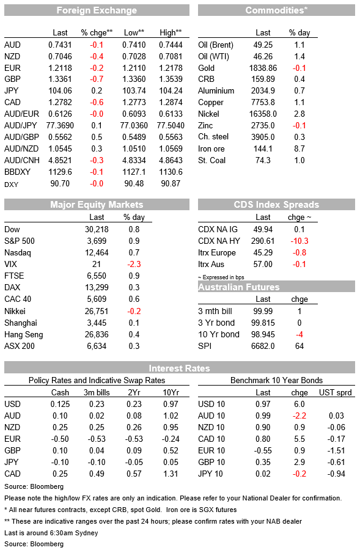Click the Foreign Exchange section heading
pyautogui.click(x=97, y=10)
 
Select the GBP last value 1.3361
pyautogui.click(x=60, y=79)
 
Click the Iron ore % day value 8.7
pyautogui.click(x=299, y=149)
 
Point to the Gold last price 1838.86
pyautogui.click(x=263, y=68)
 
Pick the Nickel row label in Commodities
pyautogui.click(x=208, y=114)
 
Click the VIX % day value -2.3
pyautogui.click(x=134, y=264)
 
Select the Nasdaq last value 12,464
pyautogui.click(x=97, y=252)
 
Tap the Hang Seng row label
pyautogui.click(x=24, y=335)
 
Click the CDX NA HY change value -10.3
pyautogui.click(x=299, y=241)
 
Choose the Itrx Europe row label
pyautogui.click(x=217, y=252)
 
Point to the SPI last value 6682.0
pyautogui.click(x=263, y=346)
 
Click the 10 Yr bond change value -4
pyautogui.click(x=299, y=334)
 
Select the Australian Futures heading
pyautogui.click(x=238, y=287)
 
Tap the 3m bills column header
pyautogui.click(x=97, y=392)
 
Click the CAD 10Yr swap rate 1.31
pyautogui.click(x=171, y=474)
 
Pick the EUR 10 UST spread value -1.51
pyautogui.click(x=336, y=450)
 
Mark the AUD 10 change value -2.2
pyautogui.click(x=299, y=416)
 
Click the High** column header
pyautogui.click(x=171, y=33)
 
